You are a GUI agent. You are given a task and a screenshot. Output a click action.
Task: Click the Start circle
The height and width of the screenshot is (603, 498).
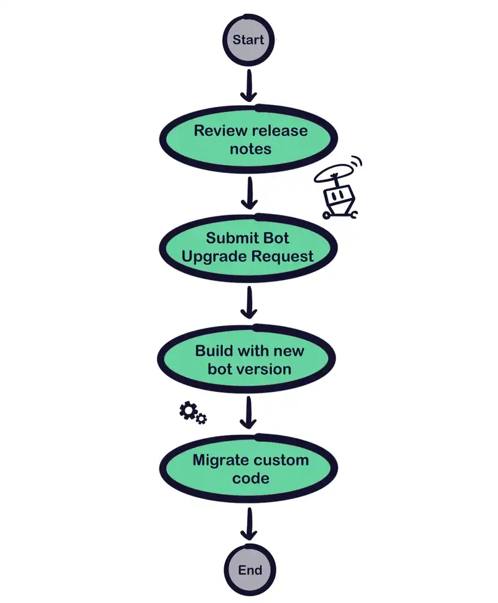(249, 40)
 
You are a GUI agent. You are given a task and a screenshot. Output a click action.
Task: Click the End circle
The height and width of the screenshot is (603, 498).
(249, 570)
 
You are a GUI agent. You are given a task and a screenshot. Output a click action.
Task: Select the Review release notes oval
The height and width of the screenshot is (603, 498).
(249, 139)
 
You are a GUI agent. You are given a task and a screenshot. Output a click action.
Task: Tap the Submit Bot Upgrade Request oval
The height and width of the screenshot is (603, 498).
(249, 247)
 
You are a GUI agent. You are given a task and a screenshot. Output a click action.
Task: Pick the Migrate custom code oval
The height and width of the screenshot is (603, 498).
(249, 469)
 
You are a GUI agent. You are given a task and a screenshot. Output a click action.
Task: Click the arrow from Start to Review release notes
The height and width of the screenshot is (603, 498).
(249, 85)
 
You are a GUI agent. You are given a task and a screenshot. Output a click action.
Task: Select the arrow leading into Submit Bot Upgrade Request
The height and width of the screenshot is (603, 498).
(249, 194)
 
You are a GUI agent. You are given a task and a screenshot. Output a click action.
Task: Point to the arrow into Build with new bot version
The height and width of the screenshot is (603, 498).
(249, 303)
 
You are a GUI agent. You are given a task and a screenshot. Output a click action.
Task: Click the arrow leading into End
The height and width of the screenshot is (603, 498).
(249, 524)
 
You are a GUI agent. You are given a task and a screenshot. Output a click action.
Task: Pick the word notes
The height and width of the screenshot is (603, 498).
(250, 149)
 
